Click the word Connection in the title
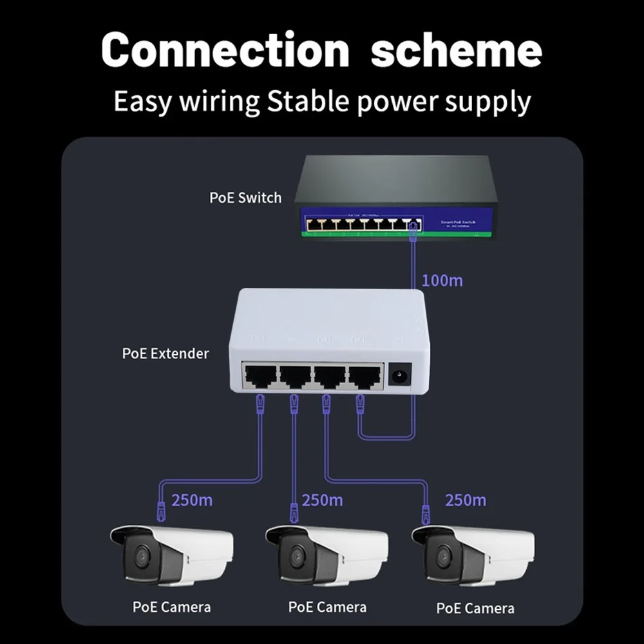[225, 50]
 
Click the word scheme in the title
[456, 50]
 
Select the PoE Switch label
[245, 197]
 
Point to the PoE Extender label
[166, 353]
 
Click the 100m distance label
[442, 280]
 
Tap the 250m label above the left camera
[192, 500]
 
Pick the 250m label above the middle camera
[322, 500]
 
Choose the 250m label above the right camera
[466, 500]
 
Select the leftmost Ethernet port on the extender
[259, 375]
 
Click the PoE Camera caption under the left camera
[171, 607]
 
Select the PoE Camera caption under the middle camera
[327, 607]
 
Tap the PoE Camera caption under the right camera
[475, 608]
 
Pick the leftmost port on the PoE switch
[314, 225]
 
